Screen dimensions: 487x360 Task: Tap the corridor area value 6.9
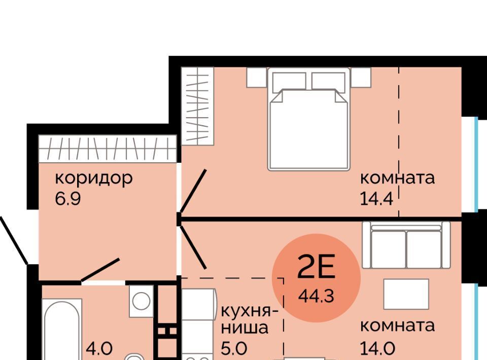coord(68,199)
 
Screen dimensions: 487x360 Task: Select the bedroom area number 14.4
coord(376,199)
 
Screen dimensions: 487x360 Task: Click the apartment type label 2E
coord(316,267)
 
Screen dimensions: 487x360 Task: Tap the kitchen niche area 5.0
coord(234,348)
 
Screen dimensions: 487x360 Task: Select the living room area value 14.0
coord(377,348)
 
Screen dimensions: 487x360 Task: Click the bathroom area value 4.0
coord(99,348)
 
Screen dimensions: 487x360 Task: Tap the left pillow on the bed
coord(289,81)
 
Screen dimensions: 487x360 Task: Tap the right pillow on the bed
coord(328,81)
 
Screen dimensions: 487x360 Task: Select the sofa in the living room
coord(406,245)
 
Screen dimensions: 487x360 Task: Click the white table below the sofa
coord(406,294)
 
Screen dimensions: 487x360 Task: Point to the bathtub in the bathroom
coord(62,330)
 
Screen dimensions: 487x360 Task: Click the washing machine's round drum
coord(142,301)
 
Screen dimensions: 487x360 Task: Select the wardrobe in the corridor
coord(108,149)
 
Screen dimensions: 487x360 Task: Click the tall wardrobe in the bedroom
coord(197,105)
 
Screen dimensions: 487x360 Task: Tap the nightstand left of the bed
coord(257,77)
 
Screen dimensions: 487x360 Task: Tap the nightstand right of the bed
coord(361,77)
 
